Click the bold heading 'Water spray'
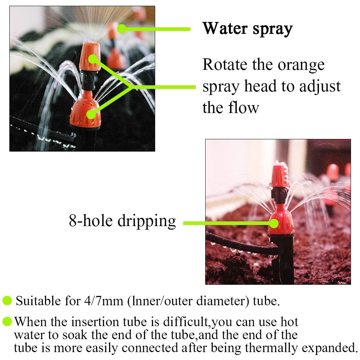247,29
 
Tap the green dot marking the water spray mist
122,29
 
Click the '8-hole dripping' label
122,221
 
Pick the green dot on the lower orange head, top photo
91,114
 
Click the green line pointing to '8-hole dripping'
227,224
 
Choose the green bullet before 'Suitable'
7,301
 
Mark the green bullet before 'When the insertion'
7,321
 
